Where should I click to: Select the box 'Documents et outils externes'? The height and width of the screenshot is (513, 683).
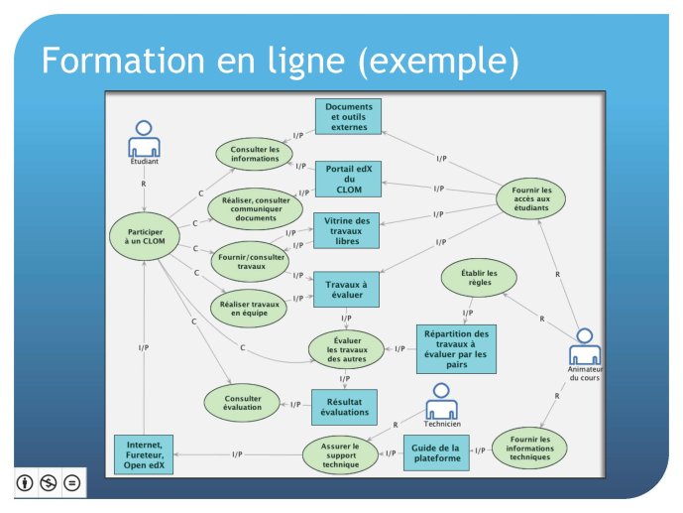pos(349,116)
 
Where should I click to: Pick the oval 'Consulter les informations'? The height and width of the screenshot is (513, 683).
pos(256,154)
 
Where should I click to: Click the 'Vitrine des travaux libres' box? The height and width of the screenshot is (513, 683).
pos(348,231)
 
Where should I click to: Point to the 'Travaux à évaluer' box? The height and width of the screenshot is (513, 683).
pos(348,288)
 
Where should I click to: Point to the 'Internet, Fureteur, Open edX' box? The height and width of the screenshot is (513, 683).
pos(146,453)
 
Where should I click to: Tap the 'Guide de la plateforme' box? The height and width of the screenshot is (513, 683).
pos(436,452)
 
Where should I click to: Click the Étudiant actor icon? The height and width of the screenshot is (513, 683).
pos(145,138)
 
